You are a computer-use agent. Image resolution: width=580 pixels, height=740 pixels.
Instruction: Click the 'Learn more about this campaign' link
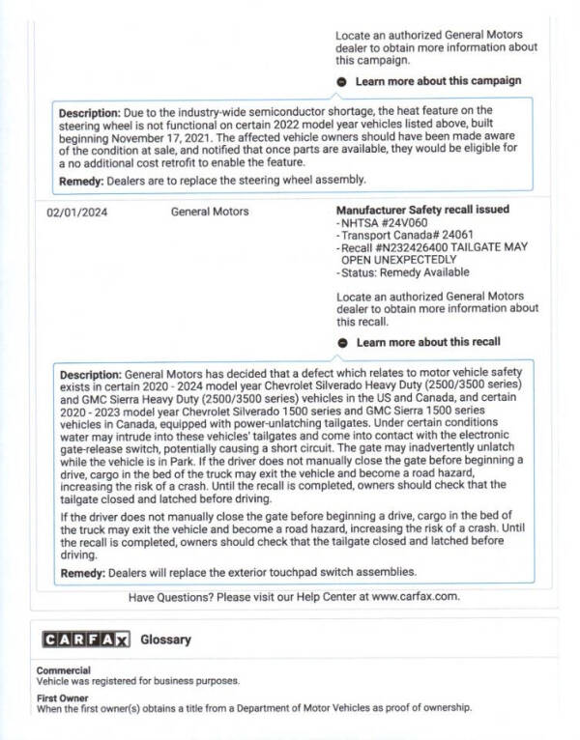pos(438,81)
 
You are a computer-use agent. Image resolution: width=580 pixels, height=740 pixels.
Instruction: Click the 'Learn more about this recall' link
pos(428,342)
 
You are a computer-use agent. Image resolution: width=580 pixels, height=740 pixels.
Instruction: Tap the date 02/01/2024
pos(73,211)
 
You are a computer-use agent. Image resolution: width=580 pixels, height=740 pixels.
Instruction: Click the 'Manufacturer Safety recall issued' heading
pos(422,210)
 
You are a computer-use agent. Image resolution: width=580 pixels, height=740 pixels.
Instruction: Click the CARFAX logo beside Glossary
pos(85,640)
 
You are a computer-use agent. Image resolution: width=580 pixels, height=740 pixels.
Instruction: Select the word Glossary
pos(165,640)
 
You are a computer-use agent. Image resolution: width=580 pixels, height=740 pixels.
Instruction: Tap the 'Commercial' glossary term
pos(64,670)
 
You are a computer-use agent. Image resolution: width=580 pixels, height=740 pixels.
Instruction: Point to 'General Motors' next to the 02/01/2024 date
pos(210,211)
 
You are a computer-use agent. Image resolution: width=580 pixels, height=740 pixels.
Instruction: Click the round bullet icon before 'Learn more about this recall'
pos(343,342)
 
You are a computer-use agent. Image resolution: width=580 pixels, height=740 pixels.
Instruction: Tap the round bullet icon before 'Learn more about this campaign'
pos(343,81)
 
